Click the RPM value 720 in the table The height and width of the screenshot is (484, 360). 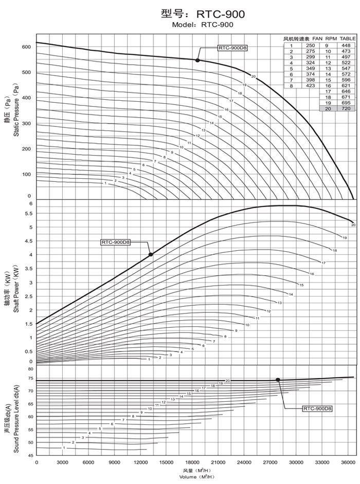[x=345, y=109]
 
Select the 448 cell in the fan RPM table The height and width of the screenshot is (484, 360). [x=345, y=45]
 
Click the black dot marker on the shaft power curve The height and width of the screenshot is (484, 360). [x=151, y=254]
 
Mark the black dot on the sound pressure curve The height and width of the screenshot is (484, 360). [x=278, y=380]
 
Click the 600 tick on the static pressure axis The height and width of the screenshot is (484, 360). [x=26, y=47]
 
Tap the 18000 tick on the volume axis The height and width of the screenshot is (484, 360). [x=194, y=463]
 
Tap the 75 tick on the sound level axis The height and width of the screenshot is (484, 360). [x=30, y=378]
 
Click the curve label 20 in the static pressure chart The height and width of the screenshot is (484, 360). [x=254, y=77]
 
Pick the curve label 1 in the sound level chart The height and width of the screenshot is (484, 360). [x=64, y=448]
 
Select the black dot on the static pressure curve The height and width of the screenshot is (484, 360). [x=197, y=60]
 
